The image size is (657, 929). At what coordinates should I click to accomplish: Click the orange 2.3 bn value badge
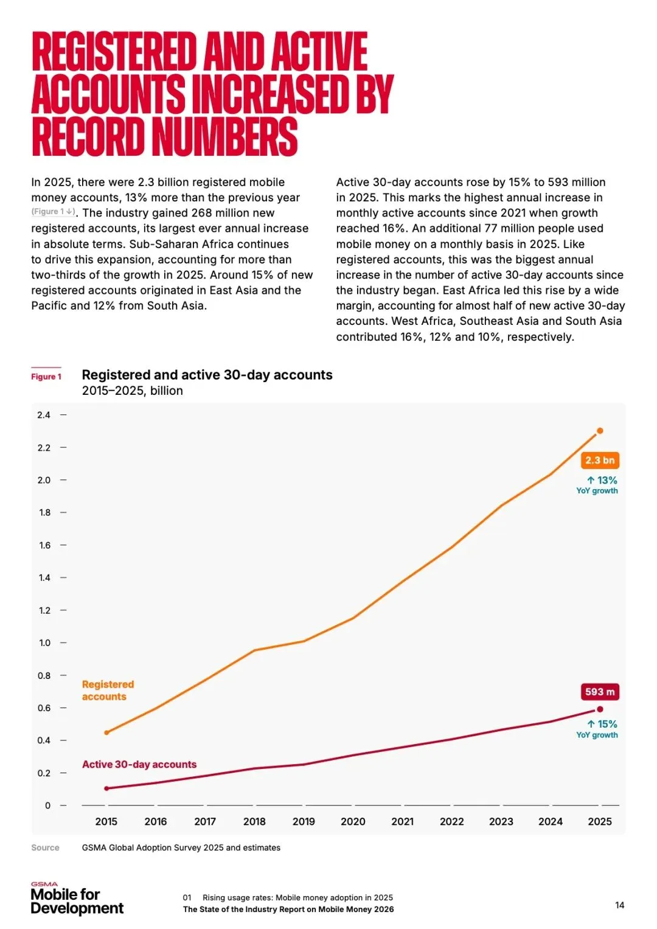point(600,461)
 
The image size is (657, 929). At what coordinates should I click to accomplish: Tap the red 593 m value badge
point(600,692)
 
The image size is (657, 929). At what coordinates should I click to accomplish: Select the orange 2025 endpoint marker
point(600,431)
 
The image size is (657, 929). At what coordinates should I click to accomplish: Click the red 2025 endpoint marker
point(600,709)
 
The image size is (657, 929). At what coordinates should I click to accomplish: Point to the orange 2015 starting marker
point(106,732)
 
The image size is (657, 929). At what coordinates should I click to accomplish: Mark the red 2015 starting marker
point(106,788)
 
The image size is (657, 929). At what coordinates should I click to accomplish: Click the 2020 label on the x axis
point(353,821)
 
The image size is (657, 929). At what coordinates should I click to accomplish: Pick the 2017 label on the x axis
point(205,821)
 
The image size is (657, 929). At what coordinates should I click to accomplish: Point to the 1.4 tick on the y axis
point(45,577)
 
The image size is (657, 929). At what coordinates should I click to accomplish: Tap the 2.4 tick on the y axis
point(44,415)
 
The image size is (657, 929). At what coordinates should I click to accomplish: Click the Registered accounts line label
point(108,691)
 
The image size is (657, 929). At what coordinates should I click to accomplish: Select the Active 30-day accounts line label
point(139,764)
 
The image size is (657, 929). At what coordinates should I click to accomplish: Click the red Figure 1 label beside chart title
point(46,377)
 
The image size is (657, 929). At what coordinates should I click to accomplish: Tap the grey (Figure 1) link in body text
point(54,212)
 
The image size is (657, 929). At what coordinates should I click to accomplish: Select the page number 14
point(619,905)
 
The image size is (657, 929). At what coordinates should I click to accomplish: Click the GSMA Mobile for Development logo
point(77,899)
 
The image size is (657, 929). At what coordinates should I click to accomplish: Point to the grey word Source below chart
point(45,847)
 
